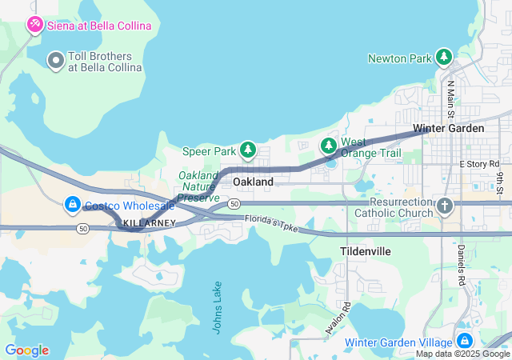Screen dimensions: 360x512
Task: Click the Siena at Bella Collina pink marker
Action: [x=35, y=26]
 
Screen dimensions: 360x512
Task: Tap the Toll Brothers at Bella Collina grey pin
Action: [x=56, y=60]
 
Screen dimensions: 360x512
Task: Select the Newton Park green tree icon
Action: [x=443, y=58]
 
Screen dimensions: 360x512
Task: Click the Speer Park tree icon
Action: [x=249, y=150]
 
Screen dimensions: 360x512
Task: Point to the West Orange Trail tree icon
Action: [x=329, y=146]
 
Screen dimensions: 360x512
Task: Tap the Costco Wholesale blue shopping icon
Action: [x=73, y=206]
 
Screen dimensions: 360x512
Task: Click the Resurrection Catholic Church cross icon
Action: [x=446, y=206]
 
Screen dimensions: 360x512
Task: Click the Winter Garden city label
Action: [x=448, y=128]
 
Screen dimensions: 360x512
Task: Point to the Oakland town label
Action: [x=253, y=182]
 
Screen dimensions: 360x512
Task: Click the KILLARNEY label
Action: [x=150, y=223]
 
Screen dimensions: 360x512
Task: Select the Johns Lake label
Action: [x=218, y=308]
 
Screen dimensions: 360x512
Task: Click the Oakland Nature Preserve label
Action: [x=198, y=186]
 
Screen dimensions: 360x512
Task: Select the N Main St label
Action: [x=450, y=96]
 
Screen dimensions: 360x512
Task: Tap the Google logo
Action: [x=26, y=350]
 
